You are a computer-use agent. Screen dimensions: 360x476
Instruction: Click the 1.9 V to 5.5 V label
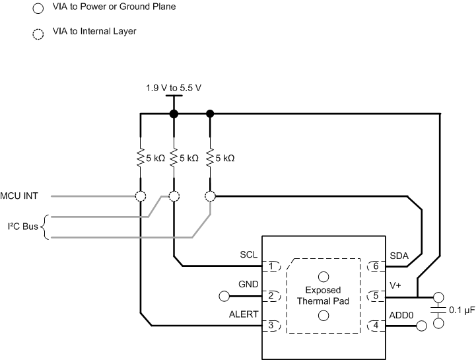click(x=173, y=87)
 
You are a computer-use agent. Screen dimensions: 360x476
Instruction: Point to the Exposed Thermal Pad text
click(x=323, y=296)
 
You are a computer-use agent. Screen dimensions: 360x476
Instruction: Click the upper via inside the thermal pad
click(x=323, y=276)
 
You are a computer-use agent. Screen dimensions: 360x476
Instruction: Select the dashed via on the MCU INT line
click(x=141, y=196)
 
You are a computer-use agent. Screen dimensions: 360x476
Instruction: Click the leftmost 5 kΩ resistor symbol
click(x=141, y=159)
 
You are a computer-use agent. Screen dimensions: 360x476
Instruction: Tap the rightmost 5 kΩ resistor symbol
click(x=210, y=159)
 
